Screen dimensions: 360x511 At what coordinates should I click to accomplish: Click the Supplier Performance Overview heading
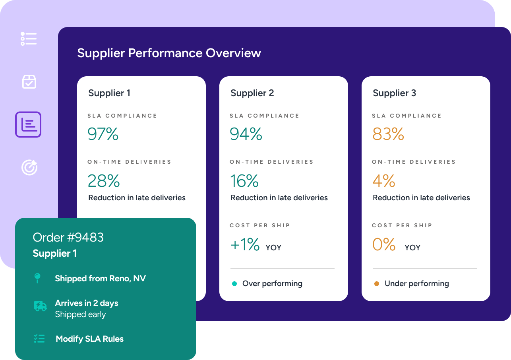coord(169,53)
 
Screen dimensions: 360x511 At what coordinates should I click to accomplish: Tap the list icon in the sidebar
coord(29,39)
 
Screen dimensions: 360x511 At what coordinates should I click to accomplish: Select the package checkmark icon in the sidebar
coord(29,81)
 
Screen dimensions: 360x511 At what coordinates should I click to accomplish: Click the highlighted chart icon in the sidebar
coord(28,125)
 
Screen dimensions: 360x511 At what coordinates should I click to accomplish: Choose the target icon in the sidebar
coord(29,167)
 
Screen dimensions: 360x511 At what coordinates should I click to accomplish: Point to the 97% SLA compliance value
coord(103,134)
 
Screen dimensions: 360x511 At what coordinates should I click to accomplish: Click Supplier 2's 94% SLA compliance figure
coord(246,134)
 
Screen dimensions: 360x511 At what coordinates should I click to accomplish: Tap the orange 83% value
coord(388,134)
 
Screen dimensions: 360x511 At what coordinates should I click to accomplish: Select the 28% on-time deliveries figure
coord(103,181)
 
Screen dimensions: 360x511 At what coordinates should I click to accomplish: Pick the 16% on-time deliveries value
coord(244,181)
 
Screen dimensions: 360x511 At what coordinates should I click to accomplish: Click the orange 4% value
coord(383,181)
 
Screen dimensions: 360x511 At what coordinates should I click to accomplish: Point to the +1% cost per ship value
coord(245,245)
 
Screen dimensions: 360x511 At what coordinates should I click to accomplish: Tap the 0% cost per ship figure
coord(384,245)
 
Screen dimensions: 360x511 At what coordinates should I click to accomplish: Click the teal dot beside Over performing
coord(234,284)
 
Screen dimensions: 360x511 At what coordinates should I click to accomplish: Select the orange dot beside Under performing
coord(377,284)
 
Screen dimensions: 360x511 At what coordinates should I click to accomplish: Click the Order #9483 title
coord(68,237)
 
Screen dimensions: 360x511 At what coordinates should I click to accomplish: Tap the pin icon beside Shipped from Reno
coord(38,278)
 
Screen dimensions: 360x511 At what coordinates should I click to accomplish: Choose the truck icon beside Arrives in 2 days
coord(40,306)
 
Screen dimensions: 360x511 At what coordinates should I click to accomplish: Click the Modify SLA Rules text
coord(89,339)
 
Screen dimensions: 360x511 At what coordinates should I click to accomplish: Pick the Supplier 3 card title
coord(394,93)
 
